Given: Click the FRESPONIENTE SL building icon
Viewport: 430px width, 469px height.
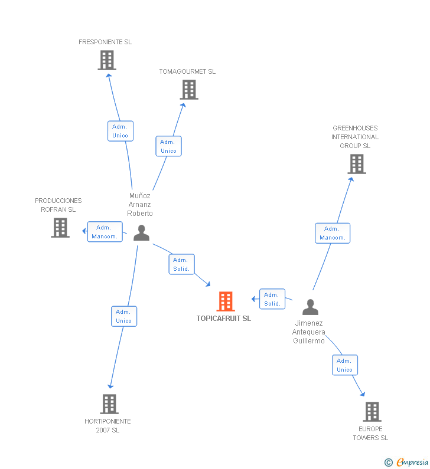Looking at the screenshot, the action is tap(107, 60).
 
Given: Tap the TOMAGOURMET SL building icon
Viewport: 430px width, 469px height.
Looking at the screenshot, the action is tap(189, 90).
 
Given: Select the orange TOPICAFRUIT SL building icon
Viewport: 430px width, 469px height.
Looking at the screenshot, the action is tap(226, 301).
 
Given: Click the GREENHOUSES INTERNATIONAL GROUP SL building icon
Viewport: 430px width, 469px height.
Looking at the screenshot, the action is tap(357, 164).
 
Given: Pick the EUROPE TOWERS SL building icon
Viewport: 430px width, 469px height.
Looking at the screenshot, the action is tap(372, 412).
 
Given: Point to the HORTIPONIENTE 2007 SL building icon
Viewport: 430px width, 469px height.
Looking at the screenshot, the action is tap(109, 404).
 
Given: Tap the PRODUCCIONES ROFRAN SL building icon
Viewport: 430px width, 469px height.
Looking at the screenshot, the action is tap(60, 228).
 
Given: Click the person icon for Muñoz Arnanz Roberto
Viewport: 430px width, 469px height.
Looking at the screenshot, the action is tap(141, 233).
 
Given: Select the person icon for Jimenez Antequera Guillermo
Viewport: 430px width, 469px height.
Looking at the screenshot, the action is tap(310, 307).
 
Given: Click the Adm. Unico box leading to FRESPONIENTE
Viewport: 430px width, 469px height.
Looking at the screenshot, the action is tap(120, 131).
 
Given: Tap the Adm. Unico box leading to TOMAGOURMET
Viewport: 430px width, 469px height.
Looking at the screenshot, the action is tap(168, 146).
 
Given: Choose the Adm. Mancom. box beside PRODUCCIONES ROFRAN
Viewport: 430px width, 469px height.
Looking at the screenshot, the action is tap(105, 232).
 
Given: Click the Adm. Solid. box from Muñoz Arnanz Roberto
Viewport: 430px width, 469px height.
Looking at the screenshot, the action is tap(181, 264).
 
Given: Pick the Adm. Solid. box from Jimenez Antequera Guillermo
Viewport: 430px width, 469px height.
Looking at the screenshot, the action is tap(272, 299).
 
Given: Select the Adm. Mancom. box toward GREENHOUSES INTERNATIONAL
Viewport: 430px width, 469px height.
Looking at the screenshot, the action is tap(333, 233).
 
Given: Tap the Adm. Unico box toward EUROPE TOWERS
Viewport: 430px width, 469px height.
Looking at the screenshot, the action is tap(345, 365).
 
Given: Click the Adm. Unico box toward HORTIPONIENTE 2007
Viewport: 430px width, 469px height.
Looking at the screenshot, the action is tap(124, 316).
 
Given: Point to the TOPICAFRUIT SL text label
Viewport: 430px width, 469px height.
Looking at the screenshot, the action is tap(224, 319).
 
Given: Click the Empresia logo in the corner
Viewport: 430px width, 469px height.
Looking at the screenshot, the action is tap(406, 463).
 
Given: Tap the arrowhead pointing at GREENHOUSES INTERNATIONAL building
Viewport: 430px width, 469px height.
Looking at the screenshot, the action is tap(351, 179).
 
